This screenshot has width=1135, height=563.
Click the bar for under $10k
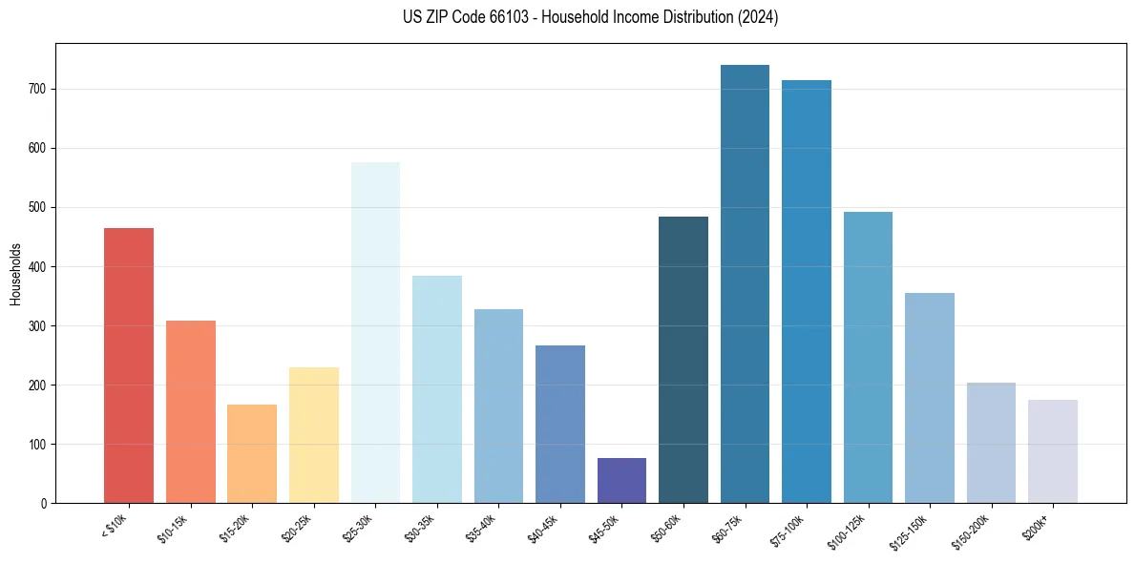pyautogui.click(x=129, y=365)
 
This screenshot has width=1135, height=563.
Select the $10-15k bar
pyautogui.click(x=191, y=411)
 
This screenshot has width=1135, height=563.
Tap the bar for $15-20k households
pyautogui.click(x=252, y=453)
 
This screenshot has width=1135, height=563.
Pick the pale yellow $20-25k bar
pyautogui.click(x=314, y=435)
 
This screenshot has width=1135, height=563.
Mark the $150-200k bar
pyautogui.click(x=991, y=443)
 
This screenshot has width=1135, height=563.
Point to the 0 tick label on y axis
pyautogui.click(x=44, y=503)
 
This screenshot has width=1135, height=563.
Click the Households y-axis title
pyautogui.click(x=15, y=273)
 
